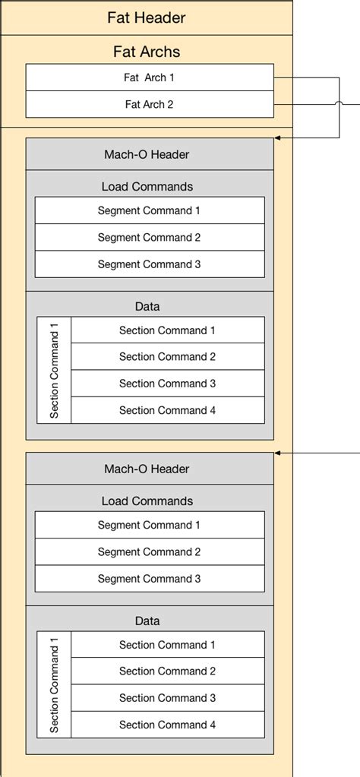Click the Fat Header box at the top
(x=147, y=17)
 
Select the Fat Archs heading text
(x=147, y=52)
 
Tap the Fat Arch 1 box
(x=150, y=77)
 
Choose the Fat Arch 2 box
(x=150, y=104)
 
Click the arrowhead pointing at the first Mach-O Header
(x=278, y=138)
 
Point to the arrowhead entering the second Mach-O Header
(x=278, y=453)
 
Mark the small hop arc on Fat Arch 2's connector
(x=339, y=104)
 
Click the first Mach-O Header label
(x=147, y=155)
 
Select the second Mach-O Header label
(x=147, y=469)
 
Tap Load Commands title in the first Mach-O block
(x=147, y=186)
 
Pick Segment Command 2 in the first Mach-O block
(x=150, y=237)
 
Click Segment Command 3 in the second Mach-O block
(x=150, y=579)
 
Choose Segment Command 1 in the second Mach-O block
(x=150, y=525)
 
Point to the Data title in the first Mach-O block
(x=147, y=306)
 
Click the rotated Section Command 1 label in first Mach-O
(x=54, y=370)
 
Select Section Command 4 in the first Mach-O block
(x=167, y=410)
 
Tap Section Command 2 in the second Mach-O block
(x=167, y=671)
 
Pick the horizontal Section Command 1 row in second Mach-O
(x=167, y=645)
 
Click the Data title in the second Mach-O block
(x=147, y=621)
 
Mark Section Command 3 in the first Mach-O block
(x=167, y=384)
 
